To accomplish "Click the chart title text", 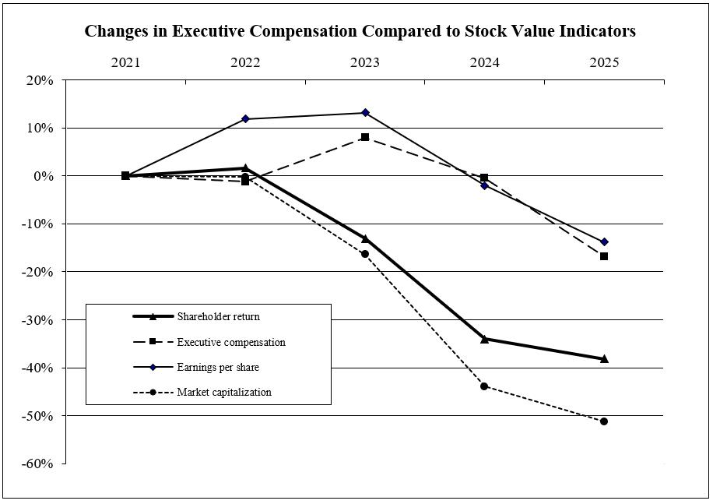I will pyautogui.click(x=360, y=32).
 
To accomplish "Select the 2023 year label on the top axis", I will pyautogui.click(x=365, y=63).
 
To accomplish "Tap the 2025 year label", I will pyautogui.click(x=604, y=63).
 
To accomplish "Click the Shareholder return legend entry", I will pyautogui.click(x=218, y=316).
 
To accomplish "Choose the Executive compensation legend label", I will pyautogui.click(x=231, y=342).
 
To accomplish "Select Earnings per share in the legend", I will pyautogui.click(x=218, y=367).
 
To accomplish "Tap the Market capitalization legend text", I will pyautogui.click(x=224, y=392).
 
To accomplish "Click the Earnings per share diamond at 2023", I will pyautogui.click(x=365, y=113).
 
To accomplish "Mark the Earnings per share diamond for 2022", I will pyautogui.click(x=245, y=118).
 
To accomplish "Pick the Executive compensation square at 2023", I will pyautogui.click(x=365, y=137).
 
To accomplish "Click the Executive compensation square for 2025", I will pyautogui.click(x=604, y=256).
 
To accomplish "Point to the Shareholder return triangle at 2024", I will pyautogui.click(x=484, y=339).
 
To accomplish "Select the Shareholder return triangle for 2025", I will pyautogui.click(x=604, y=358).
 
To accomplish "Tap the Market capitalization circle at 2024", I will pyautogui.click(x=484, y=386).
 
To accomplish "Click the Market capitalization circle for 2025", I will pyautogui.click(x=604, y=421).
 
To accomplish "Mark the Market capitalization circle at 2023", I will pyautogui.click(x=365, y=254).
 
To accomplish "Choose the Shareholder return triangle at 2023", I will pyautogui.click(x=365, y=238).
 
